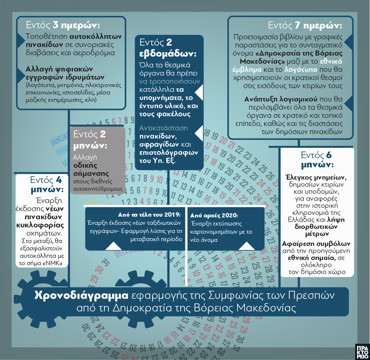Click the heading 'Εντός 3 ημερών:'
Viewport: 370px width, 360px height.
point(63,26)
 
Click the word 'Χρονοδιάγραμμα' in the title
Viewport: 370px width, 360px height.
point(81,296)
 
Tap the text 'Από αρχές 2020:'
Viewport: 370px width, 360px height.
point(214,215)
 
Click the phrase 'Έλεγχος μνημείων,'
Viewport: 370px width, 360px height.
point(317,176)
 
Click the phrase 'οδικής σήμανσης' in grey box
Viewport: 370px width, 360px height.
point(91,169)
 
